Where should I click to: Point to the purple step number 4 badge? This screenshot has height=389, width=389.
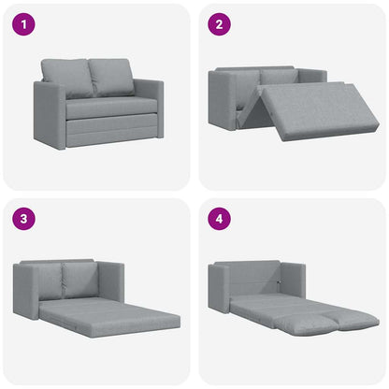[x=219, y=222]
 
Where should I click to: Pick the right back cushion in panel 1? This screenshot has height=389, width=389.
[x=111, y=78]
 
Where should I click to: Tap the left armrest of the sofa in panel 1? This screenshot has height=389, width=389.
[x=49, y=115]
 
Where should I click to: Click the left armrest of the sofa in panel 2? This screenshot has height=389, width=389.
[x=223, y=101]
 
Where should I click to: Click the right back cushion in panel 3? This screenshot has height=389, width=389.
[x=81, y=278]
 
